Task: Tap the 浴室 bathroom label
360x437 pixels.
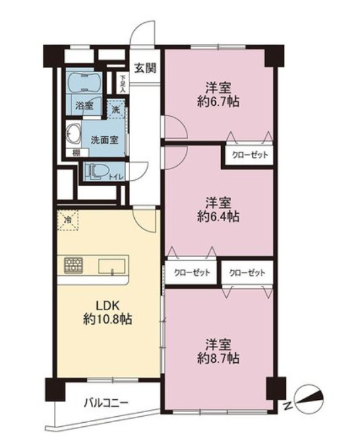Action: [84, 105]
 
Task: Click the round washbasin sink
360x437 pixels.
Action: [73, 132]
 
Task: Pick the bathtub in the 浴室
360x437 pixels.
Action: [85, 82]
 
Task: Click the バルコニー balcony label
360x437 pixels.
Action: [106, 403]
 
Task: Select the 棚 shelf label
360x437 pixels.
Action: [76, 152]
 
